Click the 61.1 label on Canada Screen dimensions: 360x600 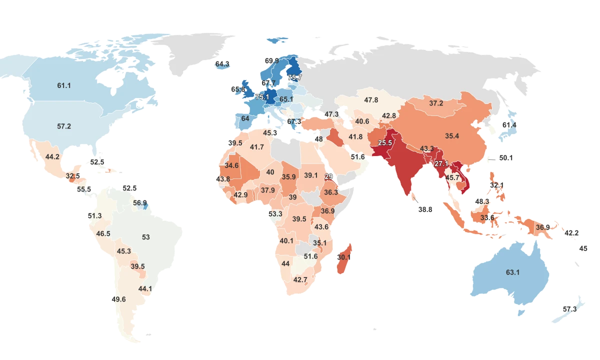(64, 86)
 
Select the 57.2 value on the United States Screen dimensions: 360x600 (64, 126)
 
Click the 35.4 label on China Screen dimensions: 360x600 (452, 136)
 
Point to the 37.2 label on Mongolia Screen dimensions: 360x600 (436, 103)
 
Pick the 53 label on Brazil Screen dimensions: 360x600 (146, 237)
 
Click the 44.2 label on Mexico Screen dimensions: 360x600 (52, 157)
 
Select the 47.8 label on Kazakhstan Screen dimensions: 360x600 (371, 100)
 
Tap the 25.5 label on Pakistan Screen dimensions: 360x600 (384, 143)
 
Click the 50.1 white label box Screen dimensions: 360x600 (506, 158)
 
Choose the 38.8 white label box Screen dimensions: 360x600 (425, 210)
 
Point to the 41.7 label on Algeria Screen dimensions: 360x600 (257, 147)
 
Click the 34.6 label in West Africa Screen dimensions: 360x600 (232, 165)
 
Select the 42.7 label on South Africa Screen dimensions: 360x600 (300, 279)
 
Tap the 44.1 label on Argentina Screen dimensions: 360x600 (145, 289)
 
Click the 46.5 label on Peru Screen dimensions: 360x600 (103, 234)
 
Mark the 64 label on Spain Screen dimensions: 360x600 (245, 119)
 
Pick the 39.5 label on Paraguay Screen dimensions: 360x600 (137, 266)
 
